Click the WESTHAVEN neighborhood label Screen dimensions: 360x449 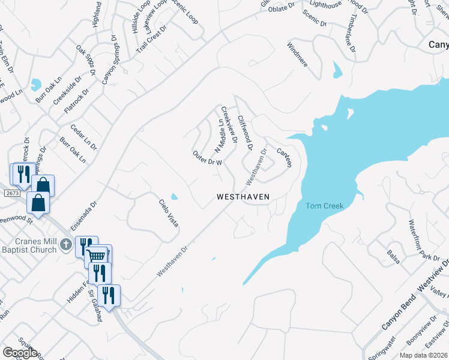tap(243, 196)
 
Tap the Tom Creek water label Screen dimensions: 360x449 tap(324, 206)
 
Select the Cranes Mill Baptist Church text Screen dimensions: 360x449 tap(36, 239)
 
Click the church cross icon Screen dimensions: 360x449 tap(67, 245)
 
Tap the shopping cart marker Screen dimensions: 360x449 tap(97, 256)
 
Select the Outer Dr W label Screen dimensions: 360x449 tap(208, 158)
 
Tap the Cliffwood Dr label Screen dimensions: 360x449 tap(246, 133)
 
